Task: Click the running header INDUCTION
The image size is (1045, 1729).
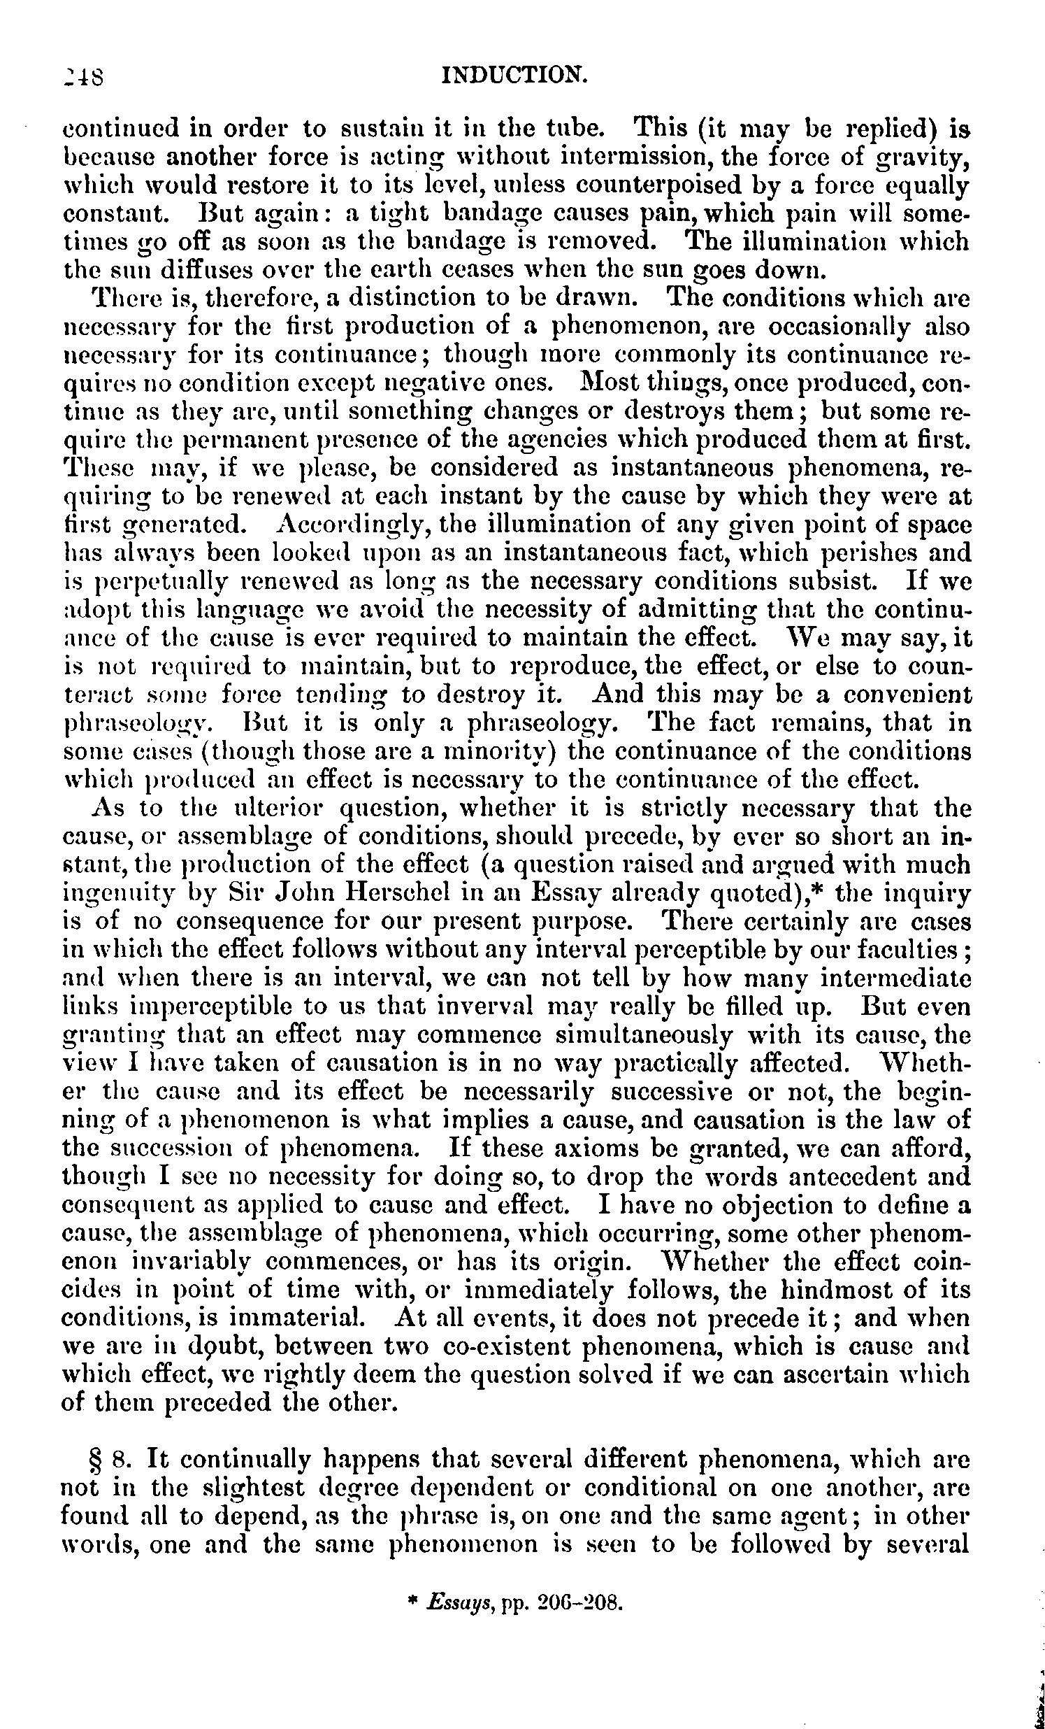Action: pyautogui.click(x=514, y=73)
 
